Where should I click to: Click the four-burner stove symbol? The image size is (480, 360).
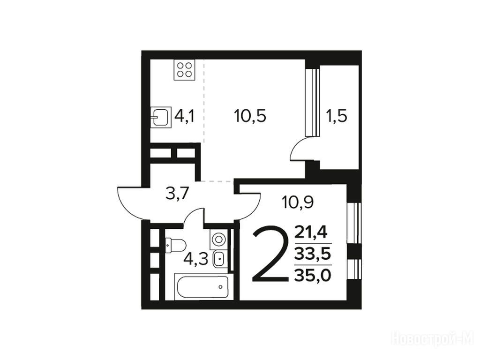185,70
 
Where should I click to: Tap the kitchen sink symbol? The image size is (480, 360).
160,117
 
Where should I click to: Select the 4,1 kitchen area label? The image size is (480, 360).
185,117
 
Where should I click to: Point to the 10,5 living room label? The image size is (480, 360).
250,116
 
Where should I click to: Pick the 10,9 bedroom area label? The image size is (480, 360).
298,202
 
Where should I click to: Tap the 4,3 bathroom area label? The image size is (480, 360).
196,259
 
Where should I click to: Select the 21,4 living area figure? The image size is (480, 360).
311,232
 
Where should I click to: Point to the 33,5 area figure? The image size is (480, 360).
312,254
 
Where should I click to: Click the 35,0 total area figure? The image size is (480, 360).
313,276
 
